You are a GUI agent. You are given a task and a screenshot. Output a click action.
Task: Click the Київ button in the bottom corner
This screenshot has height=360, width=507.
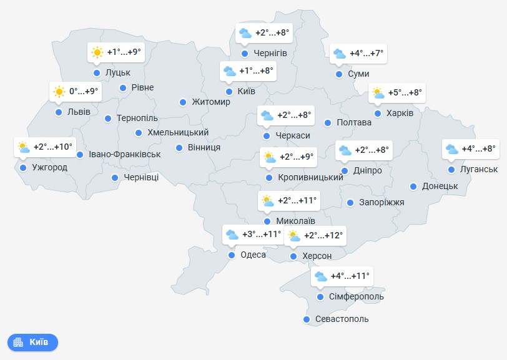tap(32, 342)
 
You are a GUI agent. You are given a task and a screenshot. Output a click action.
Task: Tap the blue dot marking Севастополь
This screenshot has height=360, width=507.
tap(306, 319)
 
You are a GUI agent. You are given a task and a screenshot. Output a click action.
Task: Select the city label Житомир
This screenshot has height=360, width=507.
tap(211, 102)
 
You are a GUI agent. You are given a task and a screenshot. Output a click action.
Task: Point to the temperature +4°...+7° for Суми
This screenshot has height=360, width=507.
tap(367, 54)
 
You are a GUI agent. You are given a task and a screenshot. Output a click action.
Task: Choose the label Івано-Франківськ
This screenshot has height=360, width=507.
tap(124, 154)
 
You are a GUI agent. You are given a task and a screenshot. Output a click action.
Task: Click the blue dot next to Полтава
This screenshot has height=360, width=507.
tap(327, 122)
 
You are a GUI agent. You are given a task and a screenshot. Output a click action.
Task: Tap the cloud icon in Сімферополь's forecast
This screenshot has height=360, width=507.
tap(321, 276)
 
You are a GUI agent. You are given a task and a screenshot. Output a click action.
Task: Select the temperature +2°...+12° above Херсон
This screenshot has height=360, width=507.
tap(323, 235)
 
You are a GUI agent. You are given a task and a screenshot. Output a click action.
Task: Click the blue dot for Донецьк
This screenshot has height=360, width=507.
tap(413, 186)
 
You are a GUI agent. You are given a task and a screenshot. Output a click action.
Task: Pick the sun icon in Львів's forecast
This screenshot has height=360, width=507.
tap(59, 92)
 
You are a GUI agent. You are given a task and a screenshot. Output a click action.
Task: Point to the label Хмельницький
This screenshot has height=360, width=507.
tap(177, 132)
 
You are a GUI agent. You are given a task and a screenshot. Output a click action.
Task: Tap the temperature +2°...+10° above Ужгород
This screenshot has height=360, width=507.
tap(53, 147)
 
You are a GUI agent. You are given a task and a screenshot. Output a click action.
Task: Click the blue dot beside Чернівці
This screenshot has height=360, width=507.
tap(116, 178)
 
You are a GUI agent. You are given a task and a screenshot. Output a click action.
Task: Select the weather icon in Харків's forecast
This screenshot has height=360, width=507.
tap(378, 93)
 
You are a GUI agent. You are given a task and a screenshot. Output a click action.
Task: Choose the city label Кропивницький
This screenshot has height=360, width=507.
tap(310, 178)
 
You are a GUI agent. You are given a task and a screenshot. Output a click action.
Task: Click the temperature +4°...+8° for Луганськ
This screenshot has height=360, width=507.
tap(480, 148)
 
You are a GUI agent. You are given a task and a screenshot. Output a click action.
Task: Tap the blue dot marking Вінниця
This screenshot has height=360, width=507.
tap(179, 148)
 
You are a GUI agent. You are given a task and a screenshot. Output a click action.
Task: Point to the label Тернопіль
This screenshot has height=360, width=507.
tap(137, 118)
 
